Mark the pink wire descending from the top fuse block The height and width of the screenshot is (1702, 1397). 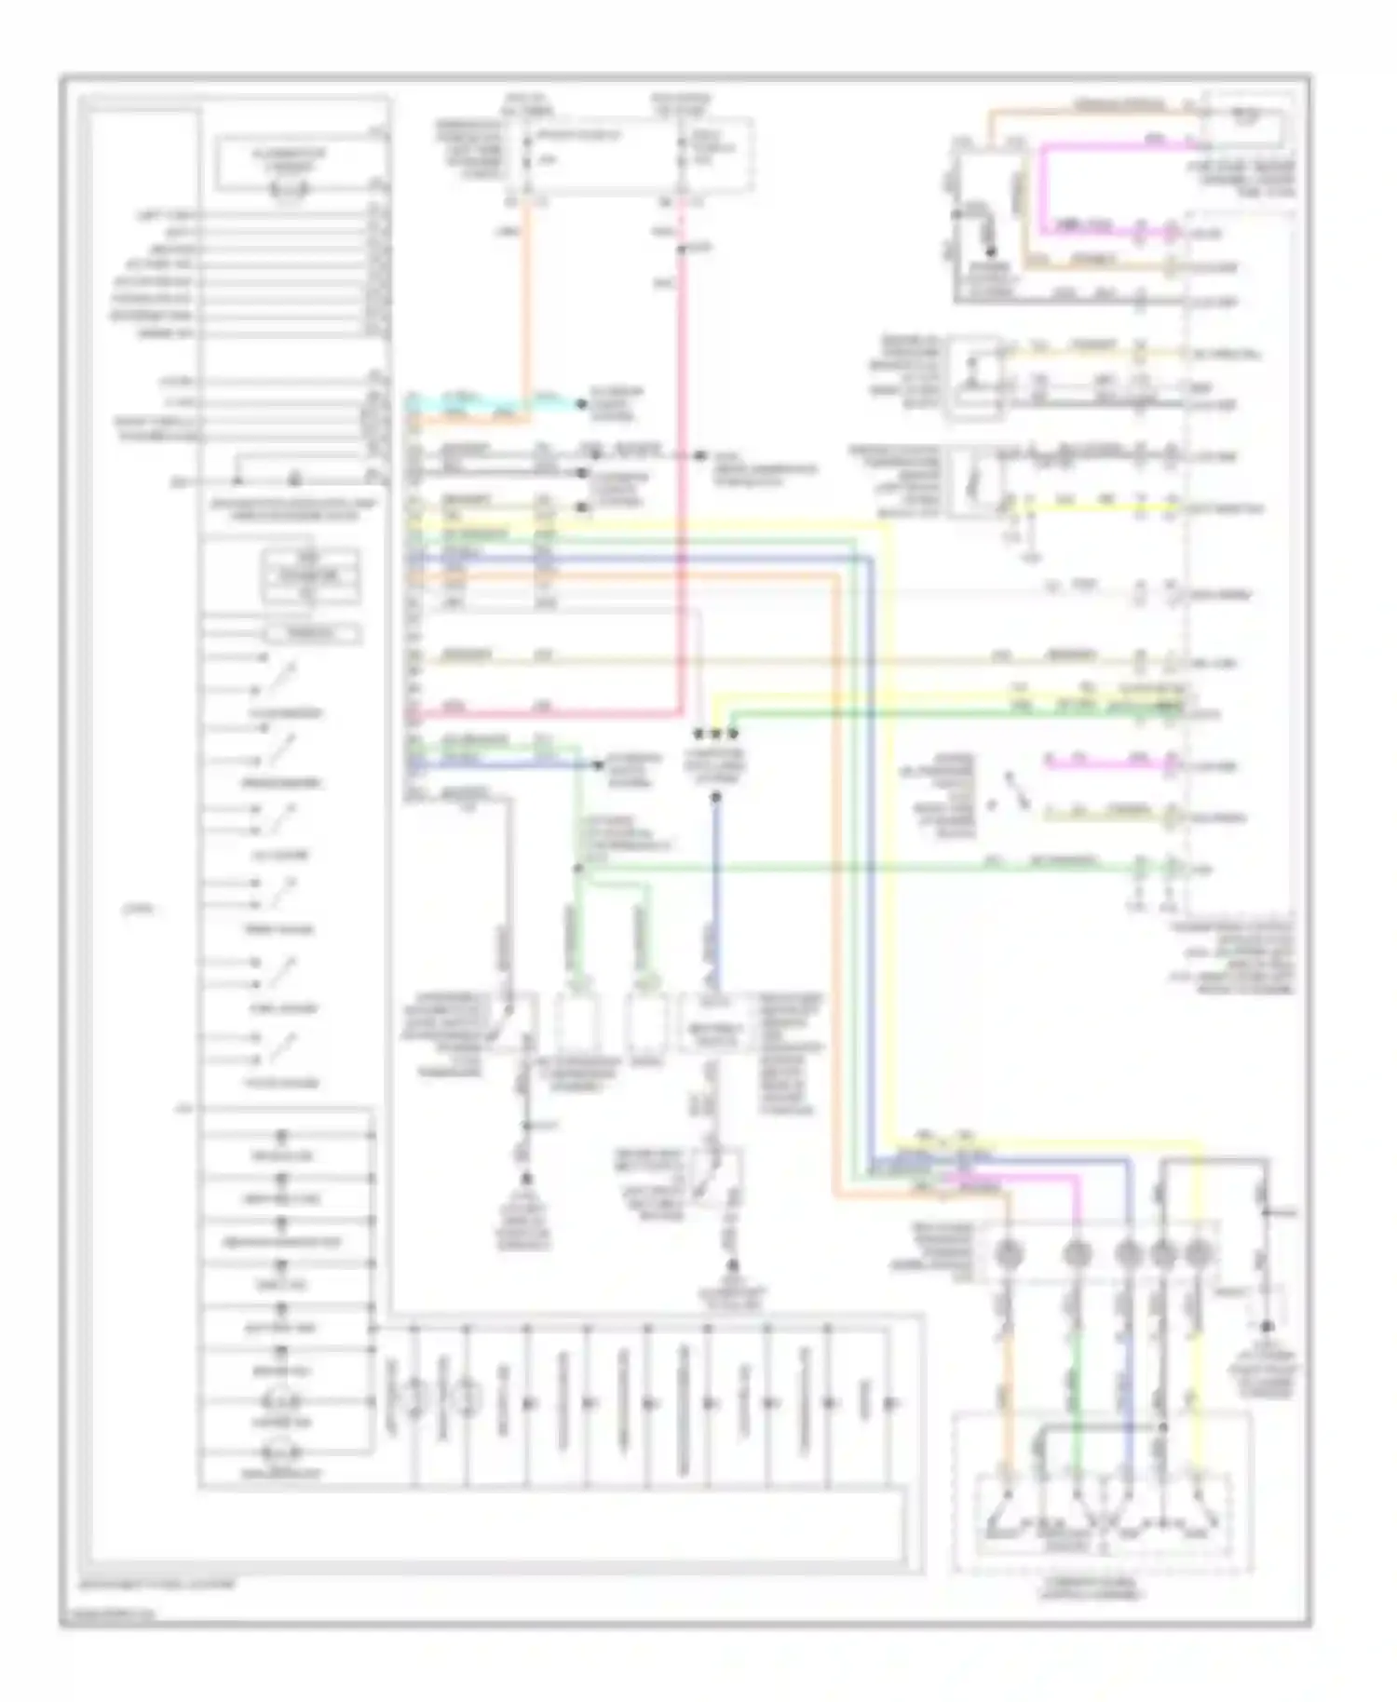click(683, 466)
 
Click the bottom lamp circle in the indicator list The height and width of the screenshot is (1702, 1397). click(280, 1452)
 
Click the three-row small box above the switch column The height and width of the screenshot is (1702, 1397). click(309, 577)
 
